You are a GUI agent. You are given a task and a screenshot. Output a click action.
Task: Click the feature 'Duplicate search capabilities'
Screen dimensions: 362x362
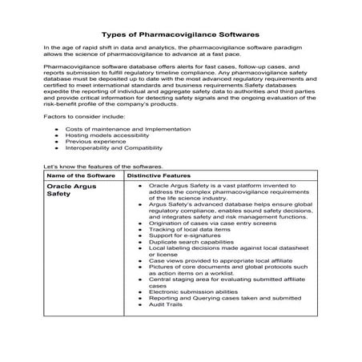pyautogui.click(x=189, y=241)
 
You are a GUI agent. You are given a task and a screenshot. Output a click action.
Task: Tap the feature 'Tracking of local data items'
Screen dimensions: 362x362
pyautogui.click(x=187, y=228)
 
